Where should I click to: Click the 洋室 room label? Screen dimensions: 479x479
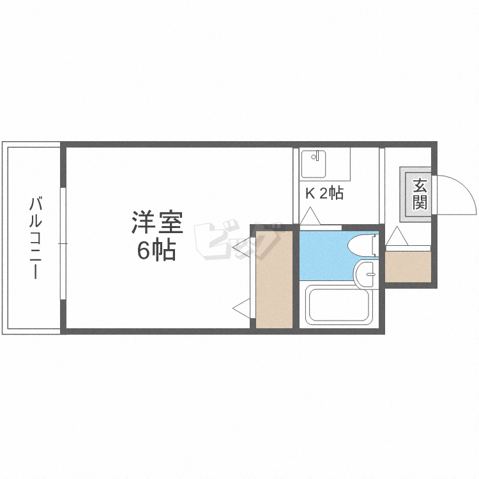(x=157, y=224)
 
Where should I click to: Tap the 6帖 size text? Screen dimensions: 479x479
(x=156, y=252)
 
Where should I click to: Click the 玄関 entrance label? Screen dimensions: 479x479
(x=419, y=194)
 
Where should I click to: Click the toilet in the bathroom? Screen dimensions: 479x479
(x=363, y=246)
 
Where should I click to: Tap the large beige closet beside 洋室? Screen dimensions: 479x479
(x=273, y=279)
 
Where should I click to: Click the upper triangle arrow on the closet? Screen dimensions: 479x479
(x=242, y=243)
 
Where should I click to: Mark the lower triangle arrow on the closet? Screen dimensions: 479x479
(x=242, y=308)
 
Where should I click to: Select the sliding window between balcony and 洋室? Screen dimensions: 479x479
(x=63, y=243)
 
